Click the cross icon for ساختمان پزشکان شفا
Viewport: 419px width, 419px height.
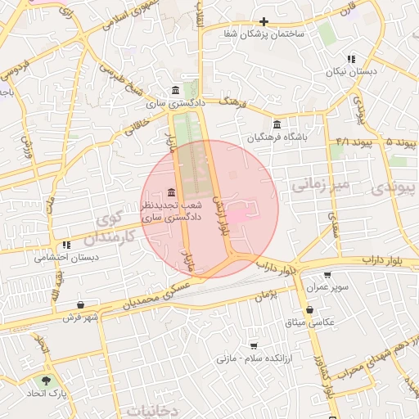pyautogui.click(x=263, y=22)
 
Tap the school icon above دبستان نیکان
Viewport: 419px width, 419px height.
pyautogui.click(x=351, y=59)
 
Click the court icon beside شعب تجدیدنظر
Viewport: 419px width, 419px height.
pyautogui.click(x=170, y=191)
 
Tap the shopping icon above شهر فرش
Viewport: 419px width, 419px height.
pyautogui.click(x=80, y=304)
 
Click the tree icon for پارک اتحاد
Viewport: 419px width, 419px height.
pyautogui.click(x=45, y=381)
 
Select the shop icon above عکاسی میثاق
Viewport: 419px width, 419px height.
pyautogui.click(x=310, y=310)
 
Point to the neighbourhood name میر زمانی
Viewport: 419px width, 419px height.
pyautogui.click(x=320, y=187)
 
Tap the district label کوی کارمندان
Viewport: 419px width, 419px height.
pyautogui.click(x=111, y=230)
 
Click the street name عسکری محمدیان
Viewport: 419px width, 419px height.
pyautogui.click(x=160, y=293)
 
